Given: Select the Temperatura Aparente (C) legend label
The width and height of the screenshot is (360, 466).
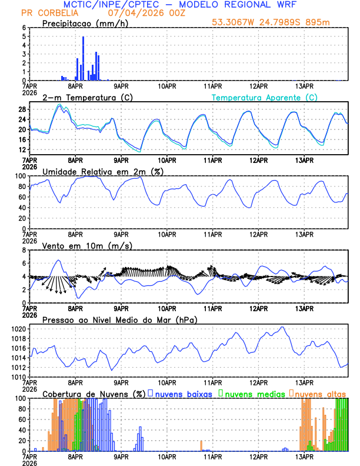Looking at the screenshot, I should [x=265, y=98].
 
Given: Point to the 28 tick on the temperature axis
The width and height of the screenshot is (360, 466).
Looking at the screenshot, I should [x=22, y=109].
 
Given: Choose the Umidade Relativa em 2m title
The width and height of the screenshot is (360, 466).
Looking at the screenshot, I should [x=103, y=171].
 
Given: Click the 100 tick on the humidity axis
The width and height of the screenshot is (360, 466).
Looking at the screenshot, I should [x=20, y=176].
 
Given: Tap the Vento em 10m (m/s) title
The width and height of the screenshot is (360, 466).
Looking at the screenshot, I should [x=87, y=245].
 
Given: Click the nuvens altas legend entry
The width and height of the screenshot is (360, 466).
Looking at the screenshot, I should [x=320, y=394].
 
